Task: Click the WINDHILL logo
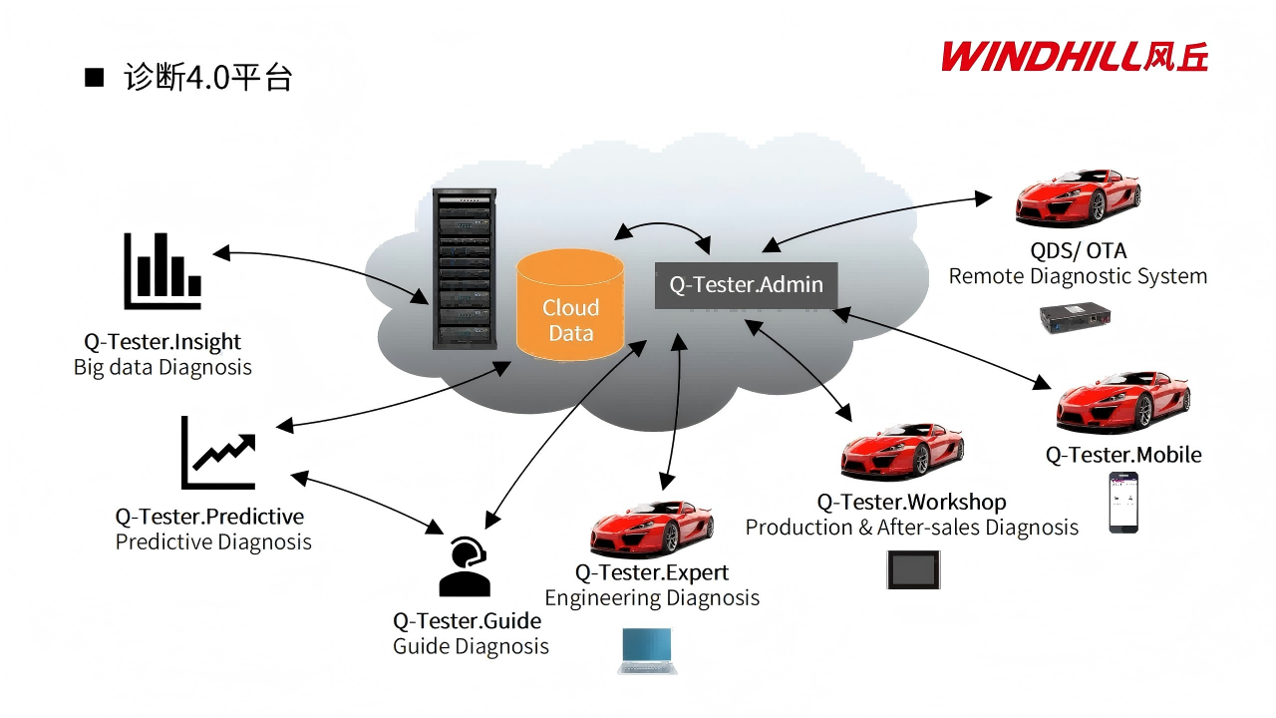1074,56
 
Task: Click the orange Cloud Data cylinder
570,305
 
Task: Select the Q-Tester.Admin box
746,285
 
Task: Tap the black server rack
464,269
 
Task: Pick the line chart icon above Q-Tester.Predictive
218,454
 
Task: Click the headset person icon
465,566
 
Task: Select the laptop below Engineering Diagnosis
647,650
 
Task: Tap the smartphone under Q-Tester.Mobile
1123,503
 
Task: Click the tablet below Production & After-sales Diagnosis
913,569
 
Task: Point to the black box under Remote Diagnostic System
1075,319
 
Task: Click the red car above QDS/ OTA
1078,198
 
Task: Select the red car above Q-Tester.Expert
651,528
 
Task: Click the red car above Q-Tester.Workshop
902,452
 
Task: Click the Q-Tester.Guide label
468,621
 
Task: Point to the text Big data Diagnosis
162,367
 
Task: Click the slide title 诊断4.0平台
207,78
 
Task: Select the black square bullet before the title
95,78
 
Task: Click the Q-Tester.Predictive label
209,517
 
